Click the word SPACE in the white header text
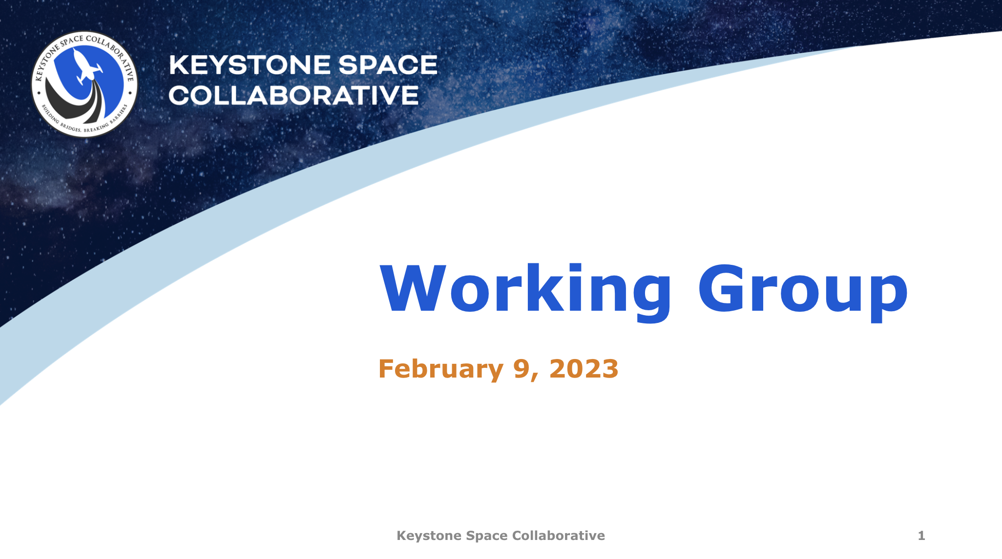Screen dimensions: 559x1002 [388, 65]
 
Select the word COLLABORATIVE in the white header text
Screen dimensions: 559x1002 [293, 96]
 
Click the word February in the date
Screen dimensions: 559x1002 [440, 369]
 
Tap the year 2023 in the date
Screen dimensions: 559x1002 [584, 369]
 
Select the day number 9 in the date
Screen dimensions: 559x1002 [522, 369]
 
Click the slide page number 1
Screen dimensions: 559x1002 [921, 536]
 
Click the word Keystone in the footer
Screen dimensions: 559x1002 [429, 536]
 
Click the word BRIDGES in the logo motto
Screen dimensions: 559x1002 [70, 128]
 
